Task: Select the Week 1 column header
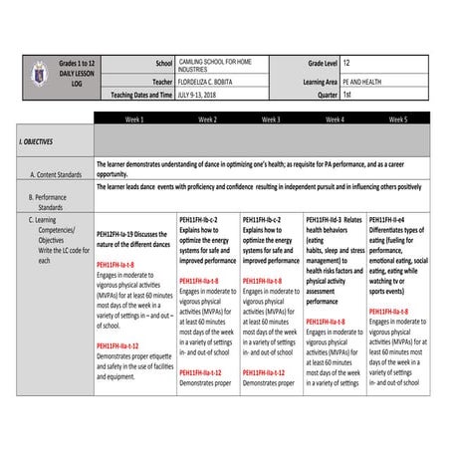pos(135,118)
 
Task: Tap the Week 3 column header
pos(270,118)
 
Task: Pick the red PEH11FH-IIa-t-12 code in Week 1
pos(124,346)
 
